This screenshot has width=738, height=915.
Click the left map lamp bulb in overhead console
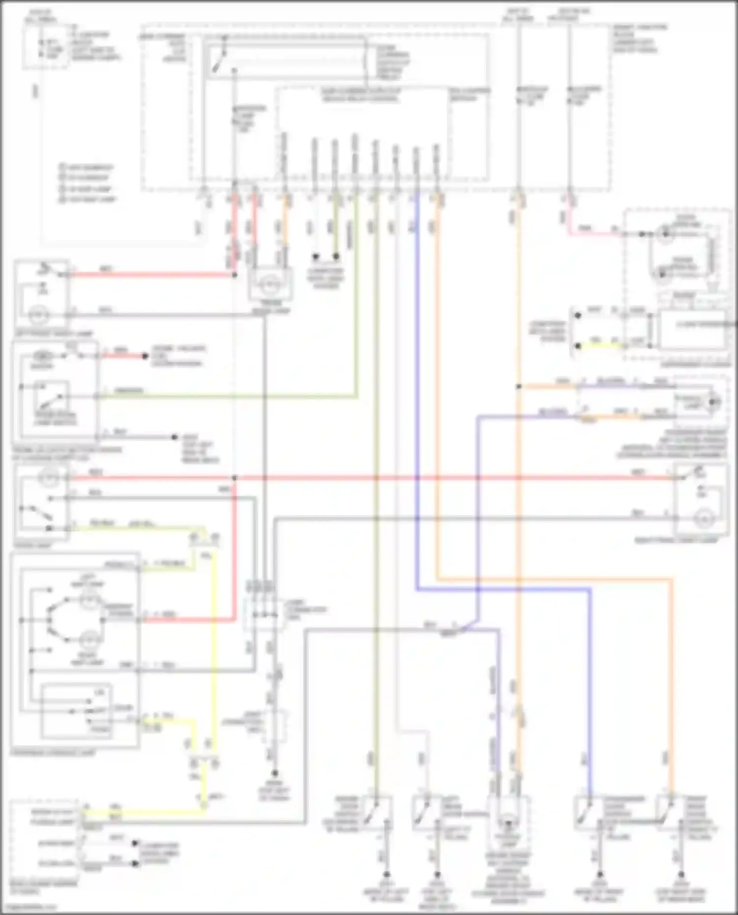pos(90,599)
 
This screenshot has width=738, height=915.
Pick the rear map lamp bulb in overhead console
pos(90,640)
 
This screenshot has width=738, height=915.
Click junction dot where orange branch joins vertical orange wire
pos(518,387)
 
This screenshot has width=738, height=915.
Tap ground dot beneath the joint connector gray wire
pos(275,774)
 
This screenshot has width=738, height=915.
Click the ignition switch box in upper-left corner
pos(45,46)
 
